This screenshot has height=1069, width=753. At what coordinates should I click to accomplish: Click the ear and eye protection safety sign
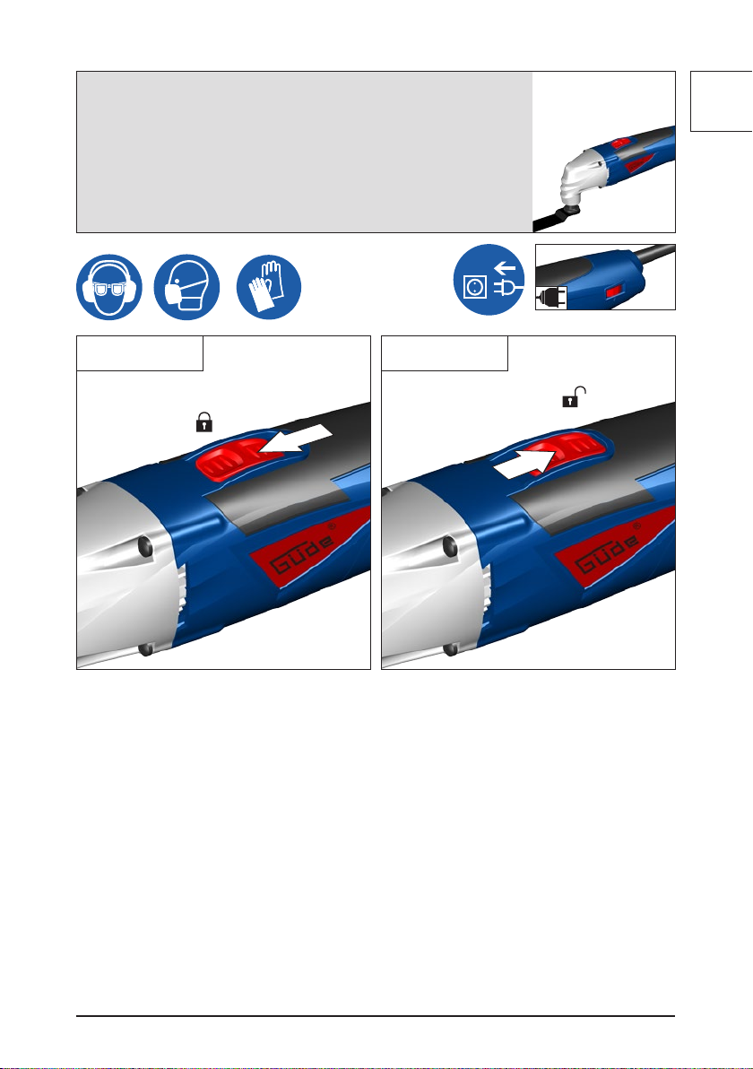click(x=109, y=287)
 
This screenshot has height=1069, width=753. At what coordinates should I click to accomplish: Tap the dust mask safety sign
click(x=186, y=287)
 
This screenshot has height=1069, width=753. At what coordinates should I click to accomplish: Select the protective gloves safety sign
click(x=269, y=287)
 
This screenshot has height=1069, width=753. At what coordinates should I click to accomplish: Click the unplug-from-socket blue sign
click(x=489, y=280)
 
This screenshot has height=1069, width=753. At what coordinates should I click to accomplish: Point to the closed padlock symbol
click(x=203, y=422)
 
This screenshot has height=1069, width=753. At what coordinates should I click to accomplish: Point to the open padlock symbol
click(x=574, y=396)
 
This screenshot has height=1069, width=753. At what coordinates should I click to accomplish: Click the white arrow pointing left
click(x=296, y=439)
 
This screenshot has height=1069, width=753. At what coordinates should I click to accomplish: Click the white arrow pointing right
click(x=527, y=464)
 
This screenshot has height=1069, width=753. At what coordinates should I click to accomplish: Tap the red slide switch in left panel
click(x=230, y=459)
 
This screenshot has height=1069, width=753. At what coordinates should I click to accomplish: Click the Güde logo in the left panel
click(x=303, y=552)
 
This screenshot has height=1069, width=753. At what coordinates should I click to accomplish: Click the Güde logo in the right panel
click(x=608, y=552)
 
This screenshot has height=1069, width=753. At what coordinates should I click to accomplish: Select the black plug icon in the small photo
click(x=551, y=298)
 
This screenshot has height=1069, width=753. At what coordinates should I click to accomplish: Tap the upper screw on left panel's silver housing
click(x=146, y=545)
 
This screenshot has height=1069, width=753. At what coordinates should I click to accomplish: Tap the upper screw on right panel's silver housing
click(x=450, y=545)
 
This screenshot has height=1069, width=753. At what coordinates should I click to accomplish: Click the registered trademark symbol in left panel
click(x=332, y=526)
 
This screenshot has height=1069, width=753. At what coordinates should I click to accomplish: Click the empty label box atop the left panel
click(x=140, y=353)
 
